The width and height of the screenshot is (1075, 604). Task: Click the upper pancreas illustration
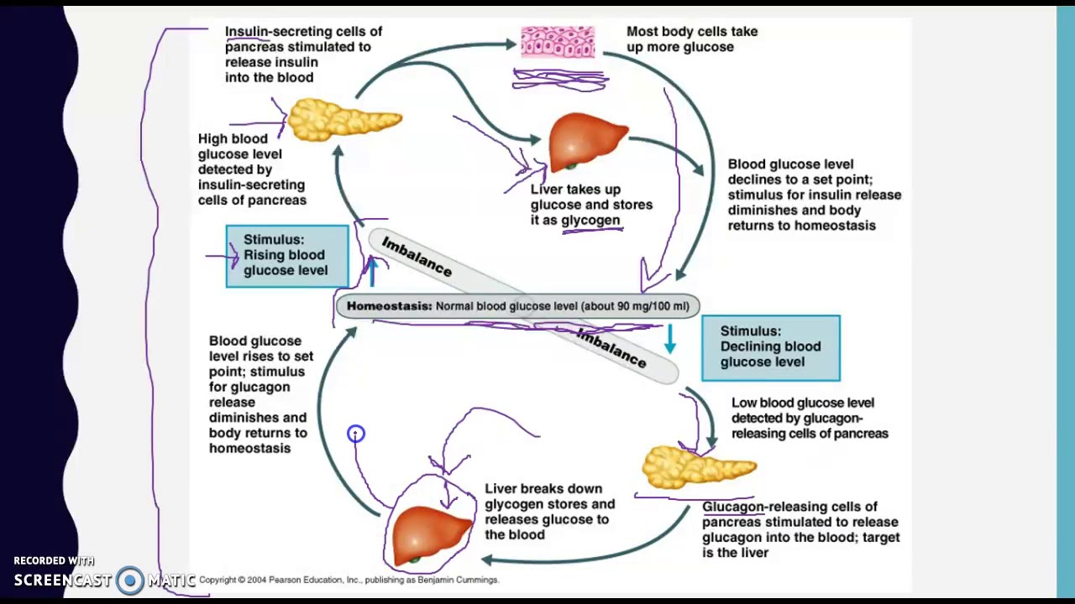click(344, 120)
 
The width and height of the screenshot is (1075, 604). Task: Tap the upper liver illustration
click(588, 141)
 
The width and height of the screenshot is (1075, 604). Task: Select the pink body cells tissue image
click(558, 42)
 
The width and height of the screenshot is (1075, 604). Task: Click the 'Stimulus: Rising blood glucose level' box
click(286, 255)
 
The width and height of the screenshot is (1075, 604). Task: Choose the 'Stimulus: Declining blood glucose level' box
click(770, 347)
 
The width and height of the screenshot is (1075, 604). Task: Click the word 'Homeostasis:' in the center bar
click(389, 306)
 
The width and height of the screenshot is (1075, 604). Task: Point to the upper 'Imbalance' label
click(417, 257)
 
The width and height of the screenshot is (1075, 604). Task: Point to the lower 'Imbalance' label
click(611, 348)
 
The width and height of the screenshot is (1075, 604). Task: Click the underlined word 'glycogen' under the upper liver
click(590, 221)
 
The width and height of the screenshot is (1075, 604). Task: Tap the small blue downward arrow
click(669, 339)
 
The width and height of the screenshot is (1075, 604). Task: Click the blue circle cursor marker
click(356, 434)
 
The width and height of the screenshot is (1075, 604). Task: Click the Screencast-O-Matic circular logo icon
click(129, 580)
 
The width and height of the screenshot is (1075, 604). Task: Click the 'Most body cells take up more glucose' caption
click(691, 39)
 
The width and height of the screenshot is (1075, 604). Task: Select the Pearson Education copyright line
click(349, 580)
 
